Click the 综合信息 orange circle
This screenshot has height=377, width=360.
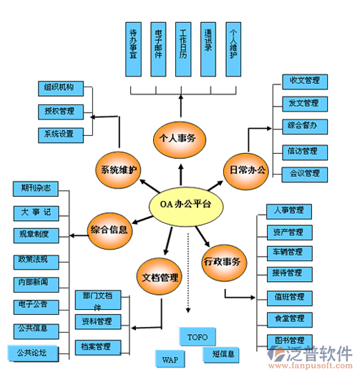tap(110, 230)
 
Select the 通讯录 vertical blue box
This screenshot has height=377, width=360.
tap(208, 48)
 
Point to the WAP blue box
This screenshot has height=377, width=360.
tap(170, 359)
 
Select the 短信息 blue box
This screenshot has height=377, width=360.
tap(220, 353)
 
